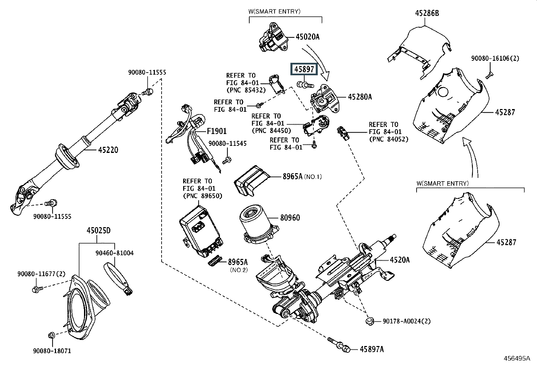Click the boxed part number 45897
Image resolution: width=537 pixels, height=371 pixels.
pyautogui.click(x=305, y=69)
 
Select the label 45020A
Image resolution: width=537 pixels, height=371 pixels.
pyautogui.click(x=307, y=36)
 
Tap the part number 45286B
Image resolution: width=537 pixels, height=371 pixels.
pyautogui.click(x=427, y=14)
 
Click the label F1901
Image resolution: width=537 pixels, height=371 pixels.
pyautogui.click(x=217, y=131)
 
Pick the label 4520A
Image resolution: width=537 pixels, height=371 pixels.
pyautogui.click(x=400, y=260)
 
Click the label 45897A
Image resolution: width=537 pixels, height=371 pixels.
pyautogui.click(x=371, y=349)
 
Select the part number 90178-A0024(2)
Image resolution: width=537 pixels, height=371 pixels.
pyautogui.click(x=406, y=321)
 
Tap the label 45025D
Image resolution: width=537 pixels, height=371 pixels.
pyautogui.click(x=98, y=231)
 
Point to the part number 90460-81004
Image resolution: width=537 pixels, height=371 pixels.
pyautogui.click(x=114, y=253)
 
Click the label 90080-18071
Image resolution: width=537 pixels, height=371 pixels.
pyautogui.click(x=52, y=351)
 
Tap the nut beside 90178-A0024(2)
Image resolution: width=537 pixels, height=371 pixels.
pyautogui.click(x=370, y=320)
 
